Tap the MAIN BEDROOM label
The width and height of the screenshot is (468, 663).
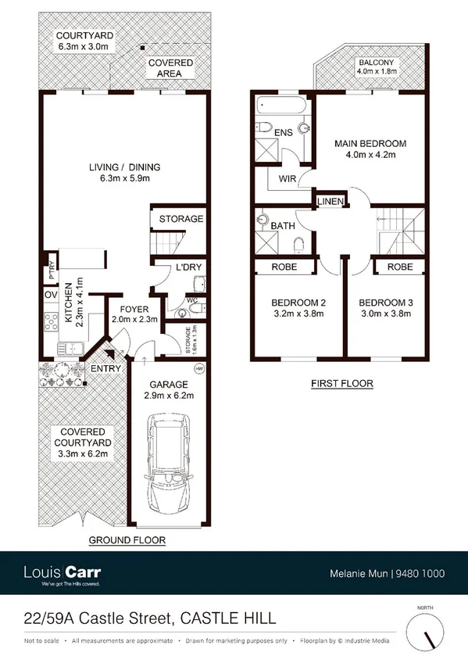coord(370,144)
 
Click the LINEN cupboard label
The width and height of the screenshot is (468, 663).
coord(330,202)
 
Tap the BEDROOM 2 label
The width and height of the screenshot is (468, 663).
coord(298,303)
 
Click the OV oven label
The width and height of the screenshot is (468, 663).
coord(52,296)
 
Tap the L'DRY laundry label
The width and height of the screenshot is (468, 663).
coord(188,267)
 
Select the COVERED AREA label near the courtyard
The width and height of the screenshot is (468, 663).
coord(167,68)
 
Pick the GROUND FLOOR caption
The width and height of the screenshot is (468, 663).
coord(126,540)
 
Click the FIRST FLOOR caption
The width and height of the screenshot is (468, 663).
coord(341,383)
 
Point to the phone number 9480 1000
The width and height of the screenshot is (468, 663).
coord(421,573)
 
